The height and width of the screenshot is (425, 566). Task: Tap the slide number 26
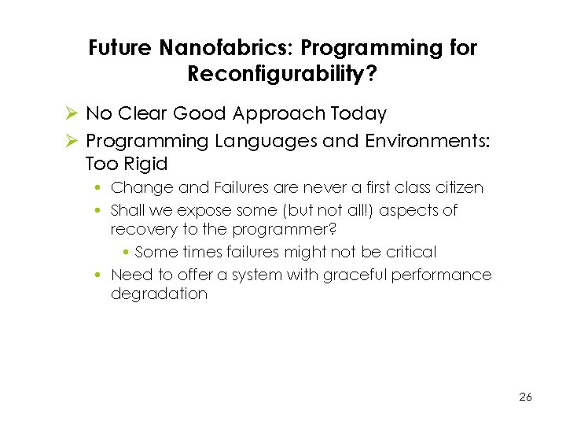coord(525,397)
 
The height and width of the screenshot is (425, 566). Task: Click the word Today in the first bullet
coord(358,114)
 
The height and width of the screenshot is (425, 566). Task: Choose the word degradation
coord(159,294)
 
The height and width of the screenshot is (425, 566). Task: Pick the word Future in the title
coord(120,48)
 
